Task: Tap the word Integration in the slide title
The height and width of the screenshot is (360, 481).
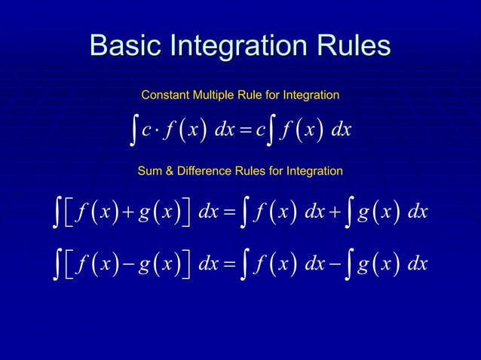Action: point(243,46)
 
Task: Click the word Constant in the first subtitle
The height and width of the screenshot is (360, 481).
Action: point(166,96)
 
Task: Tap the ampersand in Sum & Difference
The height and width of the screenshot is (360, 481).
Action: point(168,172)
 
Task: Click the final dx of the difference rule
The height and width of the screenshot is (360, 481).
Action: point(416,264)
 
